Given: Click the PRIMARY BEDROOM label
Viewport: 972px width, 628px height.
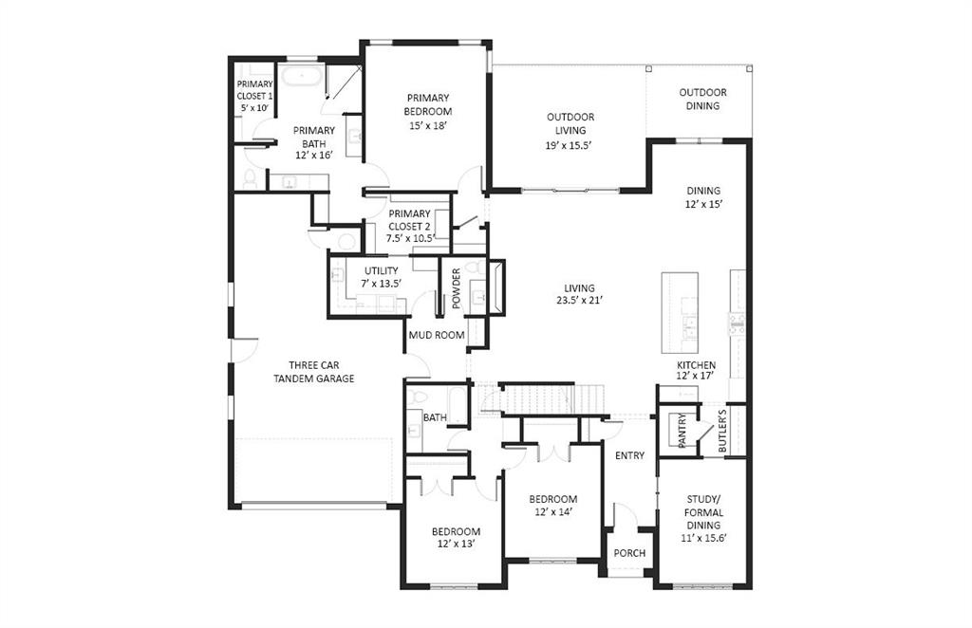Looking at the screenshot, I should pyautogui.click(x=428, y=104).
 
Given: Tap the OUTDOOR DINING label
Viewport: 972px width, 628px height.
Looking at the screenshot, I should pyautogui.click(x=702, y=99).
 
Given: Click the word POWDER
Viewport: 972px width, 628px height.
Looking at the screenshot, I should pyautogui.click(x=456, y=288).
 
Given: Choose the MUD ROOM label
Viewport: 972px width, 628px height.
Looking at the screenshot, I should pyautogui.click(x=436, y=335).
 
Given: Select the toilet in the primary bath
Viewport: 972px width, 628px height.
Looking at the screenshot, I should pyautogui.click(x=251, y=177).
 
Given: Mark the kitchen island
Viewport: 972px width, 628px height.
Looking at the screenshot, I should pyautogui.click(x=680, y=300).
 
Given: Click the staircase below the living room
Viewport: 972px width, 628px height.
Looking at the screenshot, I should pyautogui.click(x=536, y=398).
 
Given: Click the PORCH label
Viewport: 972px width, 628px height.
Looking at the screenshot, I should pyautogui.click(x=629, y=553).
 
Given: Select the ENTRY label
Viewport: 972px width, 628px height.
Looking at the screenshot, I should pyautogui.click(x=629, y=455).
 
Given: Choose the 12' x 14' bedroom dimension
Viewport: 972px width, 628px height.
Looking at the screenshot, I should pyautogui.click(x=552, y=512).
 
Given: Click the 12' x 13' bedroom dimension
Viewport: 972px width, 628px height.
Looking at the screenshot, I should pyautogui.click(x=456, y=545).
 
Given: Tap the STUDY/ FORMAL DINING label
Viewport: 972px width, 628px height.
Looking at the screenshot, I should pyautogui.click(x=703, y=511).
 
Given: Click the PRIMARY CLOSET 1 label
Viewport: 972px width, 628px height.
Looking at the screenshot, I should pyautogui.click(x=254, y=96).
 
